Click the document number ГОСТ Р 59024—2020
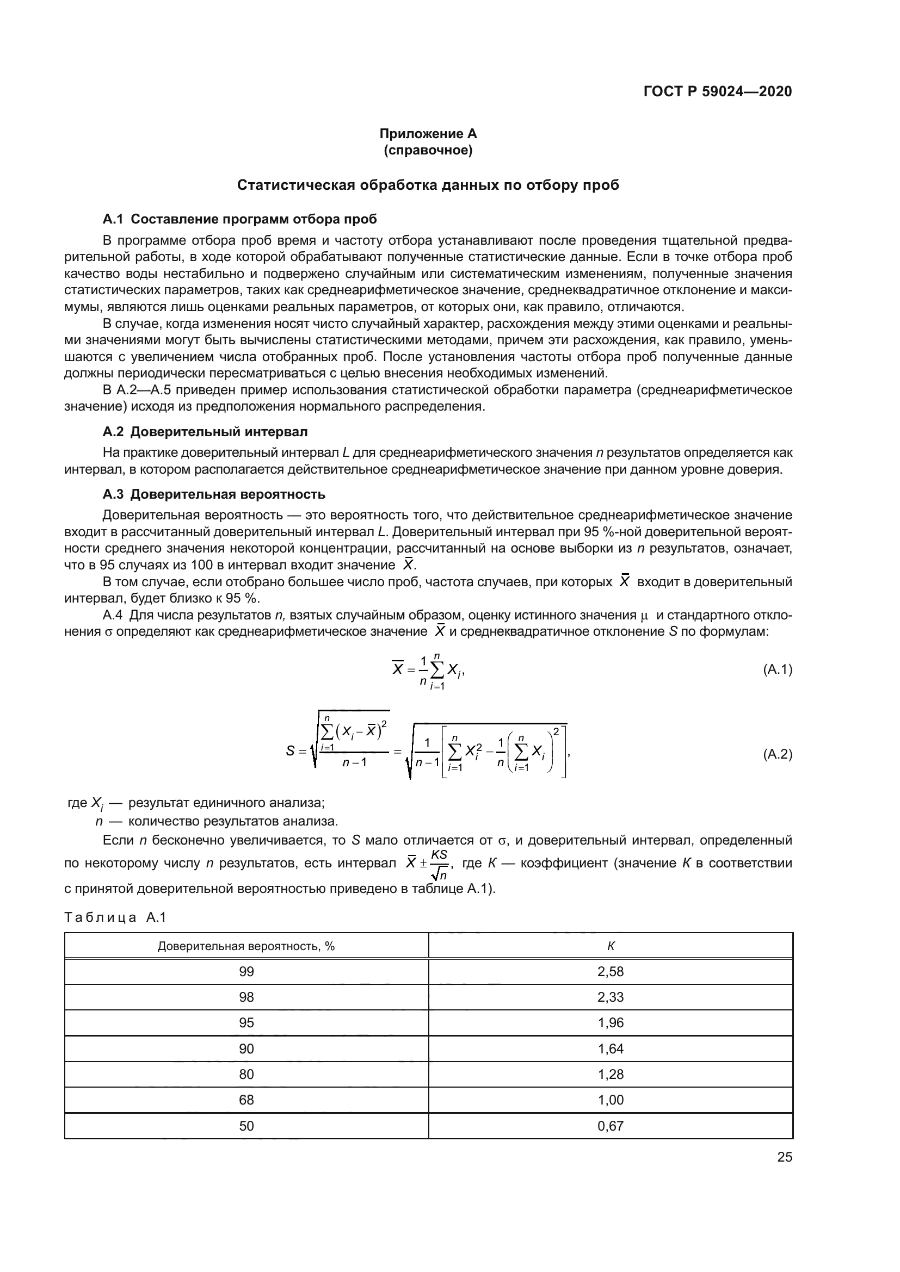(x=717, y=91)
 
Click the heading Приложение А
(x=428, y=134)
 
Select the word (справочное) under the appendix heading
(x=428, y=150)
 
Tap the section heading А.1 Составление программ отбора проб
(x=239, y=219)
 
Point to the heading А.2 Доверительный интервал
(x=205, y=432)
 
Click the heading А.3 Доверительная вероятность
(x=214, y=494)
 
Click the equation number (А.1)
(x=778, y=670)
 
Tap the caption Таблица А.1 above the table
(x=115, y=917)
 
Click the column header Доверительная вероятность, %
(x=246, y=946)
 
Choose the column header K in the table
(x=611, y=946)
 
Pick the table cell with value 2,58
(x=611, y=972)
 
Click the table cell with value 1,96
(x=611, y=1023)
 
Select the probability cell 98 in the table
(x=246, y=997)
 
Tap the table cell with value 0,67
(x=611, y=1126)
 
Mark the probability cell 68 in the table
(x=246, y=1100)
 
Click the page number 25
(x=784, y=1157)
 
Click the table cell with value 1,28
(x=611, y=1074)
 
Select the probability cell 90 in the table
(x=246, y=1048)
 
